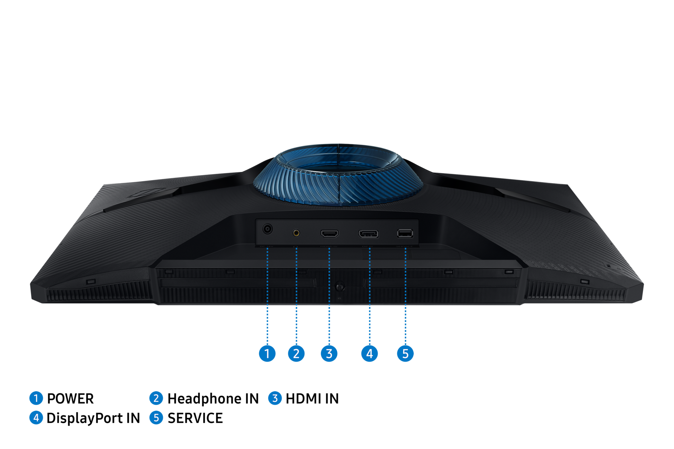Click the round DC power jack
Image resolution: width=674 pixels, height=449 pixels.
coord(267,229)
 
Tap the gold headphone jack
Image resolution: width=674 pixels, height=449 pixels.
coord(296,233)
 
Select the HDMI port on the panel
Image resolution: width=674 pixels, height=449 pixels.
coord(330,233)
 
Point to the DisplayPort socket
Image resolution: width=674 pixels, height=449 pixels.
coord(368,234)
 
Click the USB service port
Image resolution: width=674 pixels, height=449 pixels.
coord(405,233)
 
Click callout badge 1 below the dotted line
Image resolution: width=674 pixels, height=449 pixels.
coord(267,353)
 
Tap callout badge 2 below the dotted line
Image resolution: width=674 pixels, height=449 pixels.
coord(296,353)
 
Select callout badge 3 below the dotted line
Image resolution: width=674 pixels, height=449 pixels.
coord(329,353)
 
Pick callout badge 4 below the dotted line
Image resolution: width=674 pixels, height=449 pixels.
coord(369,353)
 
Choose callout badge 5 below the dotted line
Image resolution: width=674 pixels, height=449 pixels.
coord(405,353)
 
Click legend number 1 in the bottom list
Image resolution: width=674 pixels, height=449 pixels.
coord(36,398)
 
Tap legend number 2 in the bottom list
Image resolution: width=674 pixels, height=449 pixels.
coord(156,398)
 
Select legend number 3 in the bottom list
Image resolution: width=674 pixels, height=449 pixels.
coord(275,398)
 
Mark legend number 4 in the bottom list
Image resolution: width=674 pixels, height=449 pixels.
coord(36,418)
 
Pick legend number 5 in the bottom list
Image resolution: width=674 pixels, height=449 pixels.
coord(156,418)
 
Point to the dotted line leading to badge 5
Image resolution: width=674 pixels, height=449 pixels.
coord(405,298)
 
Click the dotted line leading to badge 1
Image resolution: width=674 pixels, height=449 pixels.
coord(267,298)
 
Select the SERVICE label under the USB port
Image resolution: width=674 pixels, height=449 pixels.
coord(404,247)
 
